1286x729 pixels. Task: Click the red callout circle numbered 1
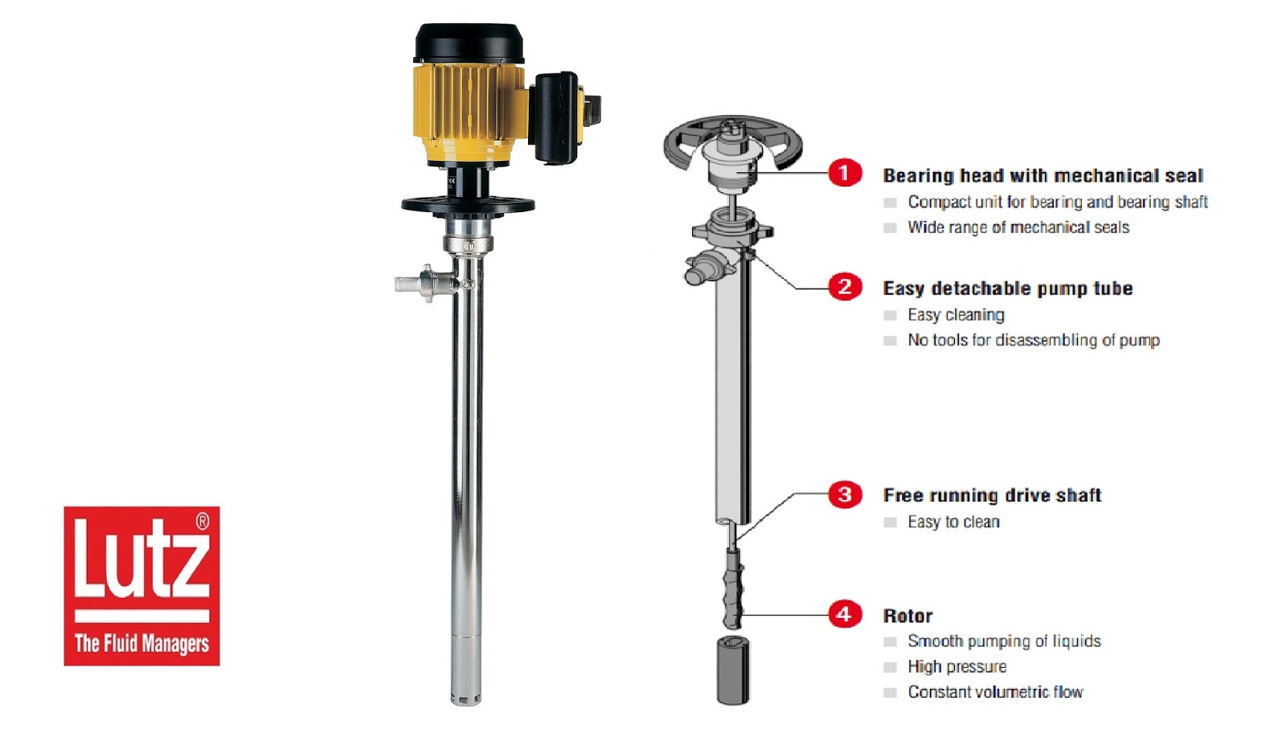(845, 172)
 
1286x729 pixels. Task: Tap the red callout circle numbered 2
(845, 286)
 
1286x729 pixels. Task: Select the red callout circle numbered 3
(845, 494)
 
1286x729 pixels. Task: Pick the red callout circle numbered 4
(845, 613)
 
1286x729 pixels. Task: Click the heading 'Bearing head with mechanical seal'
(1042, 176)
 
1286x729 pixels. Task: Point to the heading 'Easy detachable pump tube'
(1008, 289)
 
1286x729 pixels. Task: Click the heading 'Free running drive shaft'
(992, 495)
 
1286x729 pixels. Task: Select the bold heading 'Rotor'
(907, 616)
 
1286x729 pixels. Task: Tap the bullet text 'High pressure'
(957, 666)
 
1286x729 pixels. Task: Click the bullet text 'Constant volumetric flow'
(995, 692)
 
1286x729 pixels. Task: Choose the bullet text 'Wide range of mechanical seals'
(1018, 227)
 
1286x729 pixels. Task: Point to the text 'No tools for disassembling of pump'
(1034, 341)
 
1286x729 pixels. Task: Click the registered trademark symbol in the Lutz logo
(203, 521)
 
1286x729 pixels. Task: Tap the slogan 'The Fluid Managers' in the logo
(141, 644)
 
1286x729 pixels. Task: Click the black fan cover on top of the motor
(469, 43)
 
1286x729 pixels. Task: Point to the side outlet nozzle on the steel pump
(426, 283)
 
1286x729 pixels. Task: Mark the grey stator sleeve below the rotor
(733, 670)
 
